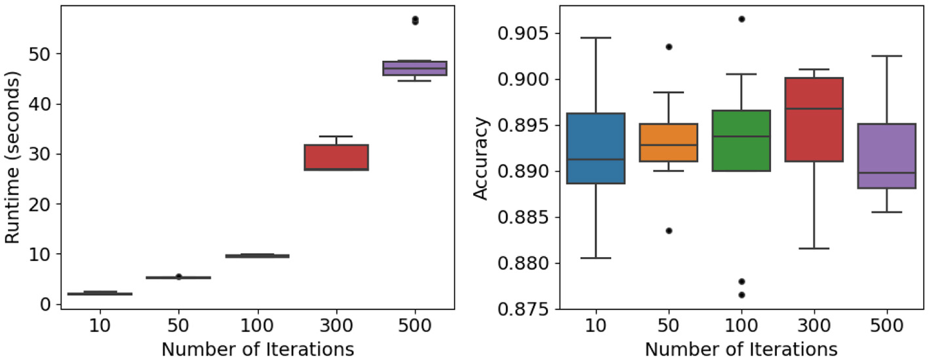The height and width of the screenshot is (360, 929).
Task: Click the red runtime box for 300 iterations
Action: coord(336,157)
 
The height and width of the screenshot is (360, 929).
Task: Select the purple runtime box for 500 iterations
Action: coord(415,68)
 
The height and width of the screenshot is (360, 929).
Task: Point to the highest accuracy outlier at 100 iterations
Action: coord(741,19)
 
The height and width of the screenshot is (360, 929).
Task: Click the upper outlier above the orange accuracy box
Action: coord(669,47)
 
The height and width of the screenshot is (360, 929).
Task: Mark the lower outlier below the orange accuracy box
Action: coord(669,230)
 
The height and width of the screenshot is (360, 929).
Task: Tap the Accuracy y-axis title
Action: coord(482,158)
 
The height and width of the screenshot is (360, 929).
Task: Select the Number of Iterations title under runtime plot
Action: coord(258,349)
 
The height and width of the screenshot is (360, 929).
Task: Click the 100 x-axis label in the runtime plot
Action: coord(257,326)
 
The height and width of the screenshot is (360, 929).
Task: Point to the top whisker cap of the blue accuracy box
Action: coord(596,38)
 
